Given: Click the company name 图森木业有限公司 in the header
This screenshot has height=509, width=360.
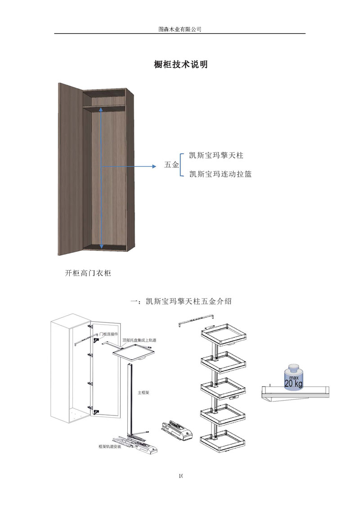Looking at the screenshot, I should [x=180, y=29].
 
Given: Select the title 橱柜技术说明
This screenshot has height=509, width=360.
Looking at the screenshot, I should [x=180, y=65].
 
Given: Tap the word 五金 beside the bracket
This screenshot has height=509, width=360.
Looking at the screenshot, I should [x=171, y=165].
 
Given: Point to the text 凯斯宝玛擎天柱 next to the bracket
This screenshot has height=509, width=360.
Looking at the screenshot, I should [x=216, y=156].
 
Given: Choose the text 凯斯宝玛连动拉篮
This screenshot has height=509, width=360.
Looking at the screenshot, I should [x=220, y=174].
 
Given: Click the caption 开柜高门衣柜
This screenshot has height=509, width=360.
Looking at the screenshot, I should [x=88, y=273].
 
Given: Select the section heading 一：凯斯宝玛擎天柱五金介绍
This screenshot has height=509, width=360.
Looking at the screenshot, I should [x=180, y=301].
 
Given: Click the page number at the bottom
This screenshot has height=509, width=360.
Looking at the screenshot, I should [x=180, y=476].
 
